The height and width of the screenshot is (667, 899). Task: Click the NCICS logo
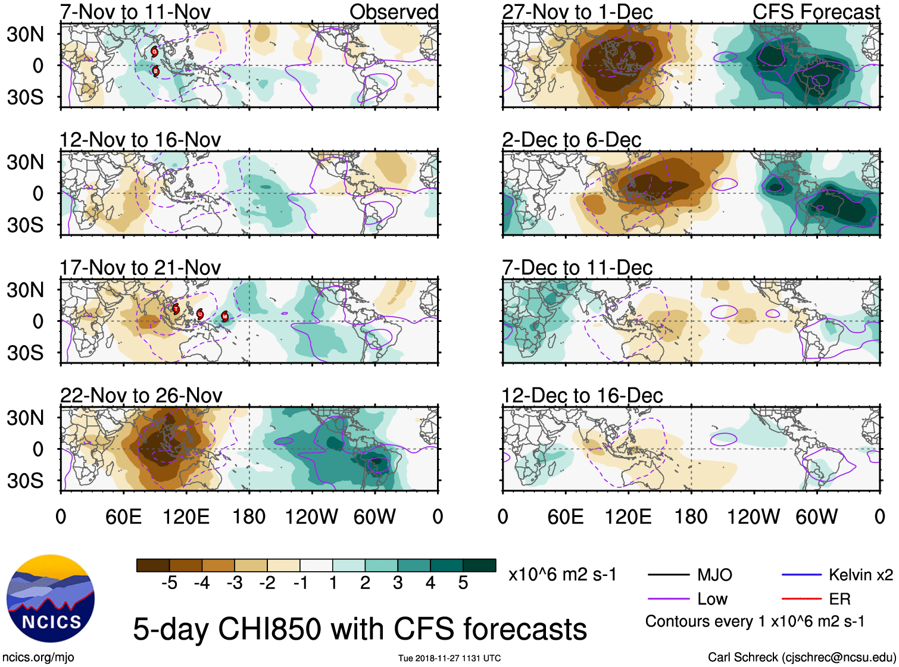click(x=51, y=599)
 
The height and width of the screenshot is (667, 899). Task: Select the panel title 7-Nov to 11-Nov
click(x=135, y=12)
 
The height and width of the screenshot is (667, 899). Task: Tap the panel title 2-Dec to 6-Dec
click(x=572, y=140)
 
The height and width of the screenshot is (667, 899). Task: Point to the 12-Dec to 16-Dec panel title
click(x=582, y=396)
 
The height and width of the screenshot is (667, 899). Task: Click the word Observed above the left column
click(x=394, y=12)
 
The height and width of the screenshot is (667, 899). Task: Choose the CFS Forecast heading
click(x=816, y=12)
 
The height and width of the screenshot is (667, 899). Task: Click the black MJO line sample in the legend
click(x=668, y=575)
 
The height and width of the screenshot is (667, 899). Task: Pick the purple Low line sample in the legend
click(x=668, y=599)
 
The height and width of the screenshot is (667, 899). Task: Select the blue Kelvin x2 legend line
click(x=801, y=575)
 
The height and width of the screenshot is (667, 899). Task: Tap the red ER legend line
click(x=801, y=599)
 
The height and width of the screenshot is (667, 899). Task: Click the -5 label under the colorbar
click(x=170, y=583)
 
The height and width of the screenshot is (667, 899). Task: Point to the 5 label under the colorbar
click(x=463, y=583)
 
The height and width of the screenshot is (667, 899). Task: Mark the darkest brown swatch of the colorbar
click(x=153, y=565)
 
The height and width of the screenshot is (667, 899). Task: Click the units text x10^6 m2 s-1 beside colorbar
click(x=562, y=575)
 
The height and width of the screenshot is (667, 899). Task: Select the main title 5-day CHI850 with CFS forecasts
click(x=360, y=629)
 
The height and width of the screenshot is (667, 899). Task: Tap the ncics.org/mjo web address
click(x=38, y=657)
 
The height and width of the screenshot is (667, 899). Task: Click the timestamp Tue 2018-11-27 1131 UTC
click(x=449, y=658)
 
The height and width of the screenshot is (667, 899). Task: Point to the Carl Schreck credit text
click(x=801, y=657)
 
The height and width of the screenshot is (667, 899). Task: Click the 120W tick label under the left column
click(x=311, y=516)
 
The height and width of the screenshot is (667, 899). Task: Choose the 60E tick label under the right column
click(x=565, y=516)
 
